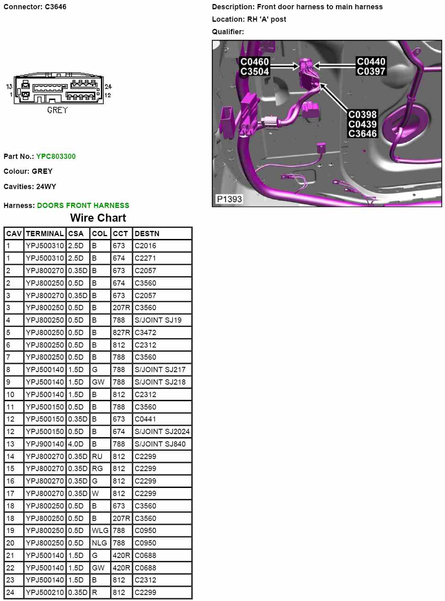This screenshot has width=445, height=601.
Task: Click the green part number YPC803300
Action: pyautogui.click(x=56, y=156)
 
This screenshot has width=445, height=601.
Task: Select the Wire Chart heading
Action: pyautogui.click(x=98, y=218)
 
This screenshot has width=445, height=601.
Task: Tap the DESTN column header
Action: pyautogui.click(x=147, y=234)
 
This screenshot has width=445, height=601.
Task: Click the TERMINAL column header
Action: pyautogui.click(x=45, y=234)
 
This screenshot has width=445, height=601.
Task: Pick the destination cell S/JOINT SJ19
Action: pyautogui.click(x=158, y=320)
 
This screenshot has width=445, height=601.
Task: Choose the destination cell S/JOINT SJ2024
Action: pyautogui.click(x=162, y=432)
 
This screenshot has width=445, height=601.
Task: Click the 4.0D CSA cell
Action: pyautogui.click(x=76, y=444)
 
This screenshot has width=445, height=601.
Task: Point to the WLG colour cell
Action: pyautogui.click(x=100, y=531)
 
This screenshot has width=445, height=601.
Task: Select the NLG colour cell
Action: pyautogui.click(x=99, y=543)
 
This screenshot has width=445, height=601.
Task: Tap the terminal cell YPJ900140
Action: pyautogui.click(x=45, y=444)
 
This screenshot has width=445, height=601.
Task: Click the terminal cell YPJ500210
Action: pyautogui.click(x=45, y=593)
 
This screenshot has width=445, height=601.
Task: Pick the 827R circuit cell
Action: pyautogui.click(x=121, y=333)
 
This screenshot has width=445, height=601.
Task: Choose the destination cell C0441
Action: pyautogui.click(x=145, y=419)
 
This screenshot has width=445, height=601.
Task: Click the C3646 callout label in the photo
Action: pyautogui.click(x=363, y=134)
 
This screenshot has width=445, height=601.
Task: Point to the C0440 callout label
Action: pyautogui.click(x=371, y=62)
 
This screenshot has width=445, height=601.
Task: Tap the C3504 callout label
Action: pyautogui.click(x=254, y=72)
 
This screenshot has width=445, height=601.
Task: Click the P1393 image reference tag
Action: pyautogui.click(x=230, y=199)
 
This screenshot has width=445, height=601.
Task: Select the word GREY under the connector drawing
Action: pyautogui.click(x=57, y=110)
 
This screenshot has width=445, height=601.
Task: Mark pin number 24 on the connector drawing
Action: pyautogui.click(x=108, y=86)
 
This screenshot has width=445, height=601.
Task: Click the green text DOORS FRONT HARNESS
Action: pyautogui.click(x=83, y=206)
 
